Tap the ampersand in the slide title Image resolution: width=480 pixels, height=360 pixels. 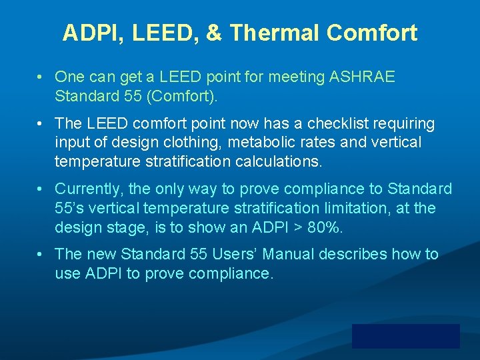tap(213, 33)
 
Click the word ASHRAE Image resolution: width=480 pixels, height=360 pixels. tap(362, 77)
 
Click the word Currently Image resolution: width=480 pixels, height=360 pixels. tap(87, 189)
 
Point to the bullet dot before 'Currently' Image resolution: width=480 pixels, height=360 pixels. tap(41, 189)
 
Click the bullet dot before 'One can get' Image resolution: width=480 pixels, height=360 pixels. tap(41, 77)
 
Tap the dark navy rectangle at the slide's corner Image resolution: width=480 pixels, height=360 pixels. tap(405, 336)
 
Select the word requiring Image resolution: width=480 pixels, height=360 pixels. tap(403, 124)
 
